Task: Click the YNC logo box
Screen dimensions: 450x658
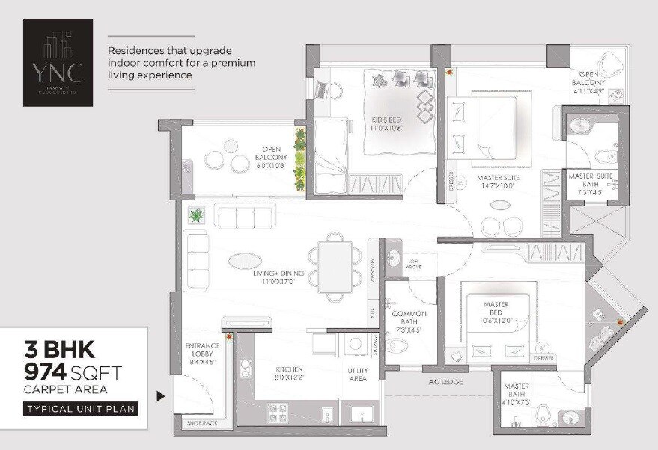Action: [x=58, y=62]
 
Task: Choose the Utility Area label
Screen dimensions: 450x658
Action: [x=358, y=375]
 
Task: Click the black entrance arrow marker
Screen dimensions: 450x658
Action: [x=160, y=396]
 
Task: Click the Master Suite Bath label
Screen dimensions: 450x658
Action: [x=591, y=181]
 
